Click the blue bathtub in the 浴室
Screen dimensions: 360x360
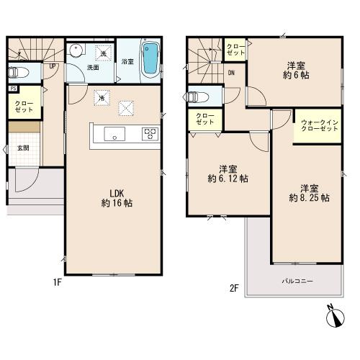coord(150,59)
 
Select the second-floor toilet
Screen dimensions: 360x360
coord(196,97)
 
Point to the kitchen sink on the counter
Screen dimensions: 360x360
coord(114,134)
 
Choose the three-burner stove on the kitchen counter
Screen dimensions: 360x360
coord(150,134)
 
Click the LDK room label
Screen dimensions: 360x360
coord(117,193)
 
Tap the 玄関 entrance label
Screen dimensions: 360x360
coord(23,148)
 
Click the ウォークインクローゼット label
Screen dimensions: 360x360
coord(319,126)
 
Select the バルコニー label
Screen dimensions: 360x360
coord(297,281)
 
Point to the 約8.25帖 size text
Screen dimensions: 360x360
coord(309,198)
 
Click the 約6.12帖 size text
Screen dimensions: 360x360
coord(228,179)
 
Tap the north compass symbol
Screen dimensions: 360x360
coord(335,316)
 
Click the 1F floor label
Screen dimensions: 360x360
coord(58,283)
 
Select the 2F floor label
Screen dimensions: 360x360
coord(234,288)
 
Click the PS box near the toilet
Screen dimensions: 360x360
coord(13,89)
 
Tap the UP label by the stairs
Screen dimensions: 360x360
coord(53,66)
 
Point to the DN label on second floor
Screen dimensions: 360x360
coord(231,73)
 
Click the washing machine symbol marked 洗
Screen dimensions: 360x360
coord(104,53)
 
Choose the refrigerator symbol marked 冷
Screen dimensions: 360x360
coord(102,98)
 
